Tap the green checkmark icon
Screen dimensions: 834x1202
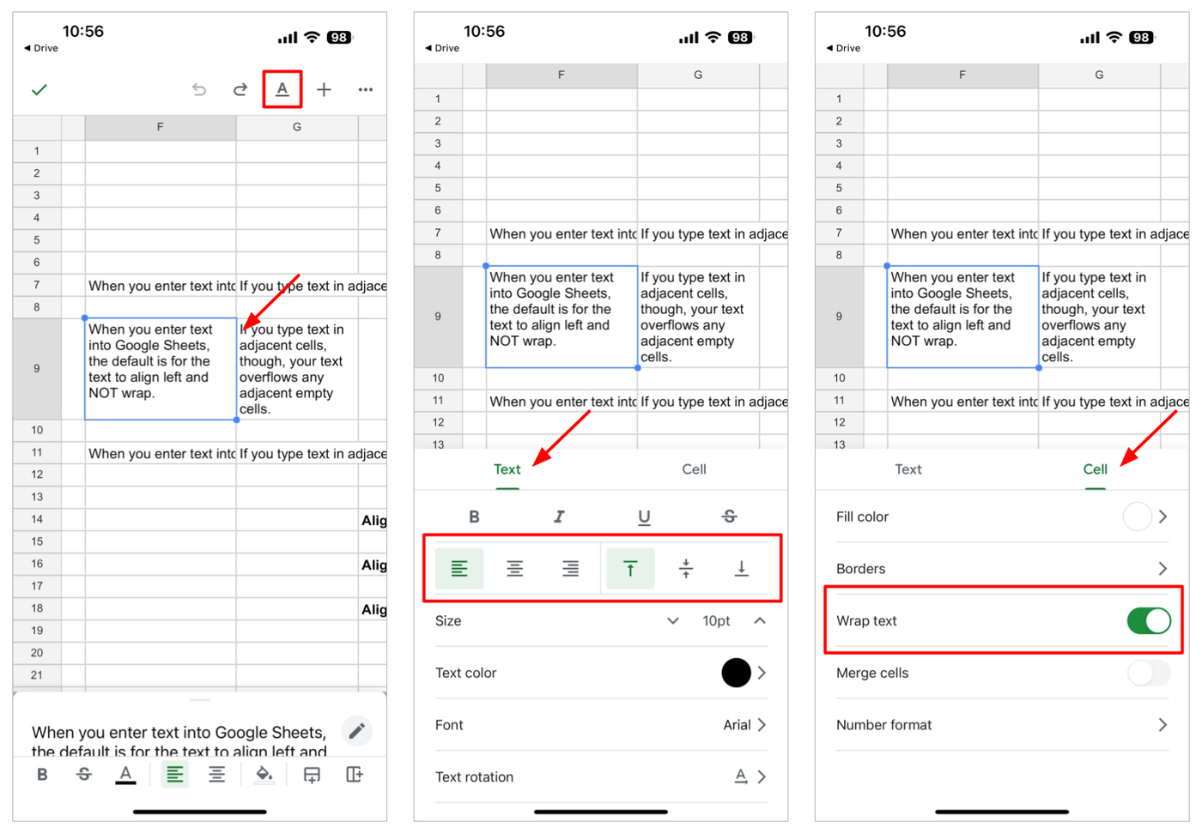[39, 89]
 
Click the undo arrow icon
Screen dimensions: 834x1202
[199, 89]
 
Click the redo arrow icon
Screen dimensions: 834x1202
[240, 89]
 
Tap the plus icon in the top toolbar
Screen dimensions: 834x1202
[324, 89]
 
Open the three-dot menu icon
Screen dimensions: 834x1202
[366, 89]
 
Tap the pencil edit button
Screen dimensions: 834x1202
[357, 731]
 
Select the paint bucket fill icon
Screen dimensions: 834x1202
[264, 775]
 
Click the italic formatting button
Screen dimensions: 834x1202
[559, 517]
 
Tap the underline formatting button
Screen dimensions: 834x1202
[644, 517]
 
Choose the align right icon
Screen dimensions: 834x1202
[570, 569]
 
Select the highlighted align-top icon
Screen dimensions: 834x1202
[630, 569]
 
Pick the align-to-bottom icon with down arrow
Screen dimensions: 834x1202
[741, 569]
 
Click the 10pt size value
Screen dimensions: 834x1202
[716, 621]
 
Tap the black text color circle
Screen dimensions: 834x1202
[736, 673]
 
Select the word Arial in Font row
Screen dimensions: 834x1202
[737, 725]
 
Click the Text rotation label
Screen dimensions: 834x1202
[474, 777]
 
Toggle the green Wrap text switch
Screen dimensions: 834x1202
[1148, 621]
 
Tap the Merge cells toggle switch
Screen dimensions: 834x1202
[1148, 673]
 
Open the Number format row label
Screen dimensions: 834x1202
[883, 725]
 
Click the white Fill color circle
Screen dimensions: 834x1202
[1137, 517]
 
